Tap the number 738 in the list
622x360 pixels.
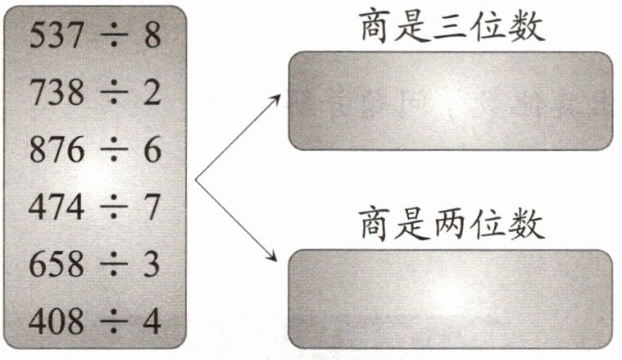57,93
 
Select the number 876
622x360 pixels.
57,151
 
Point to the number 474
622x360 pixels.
57,208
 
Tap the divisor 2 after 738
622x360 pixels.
151,93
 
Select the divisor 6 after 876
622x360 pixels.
151,151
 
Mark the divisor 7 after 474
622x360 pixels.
151,208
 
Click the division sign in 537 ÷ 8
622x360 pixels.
111,35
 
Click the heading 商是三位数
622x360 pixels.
451,26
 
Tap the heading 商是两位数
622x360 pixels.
451,223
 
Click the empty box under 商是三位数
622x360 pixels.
451,101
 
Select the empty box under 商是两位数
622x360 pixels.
451,298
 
